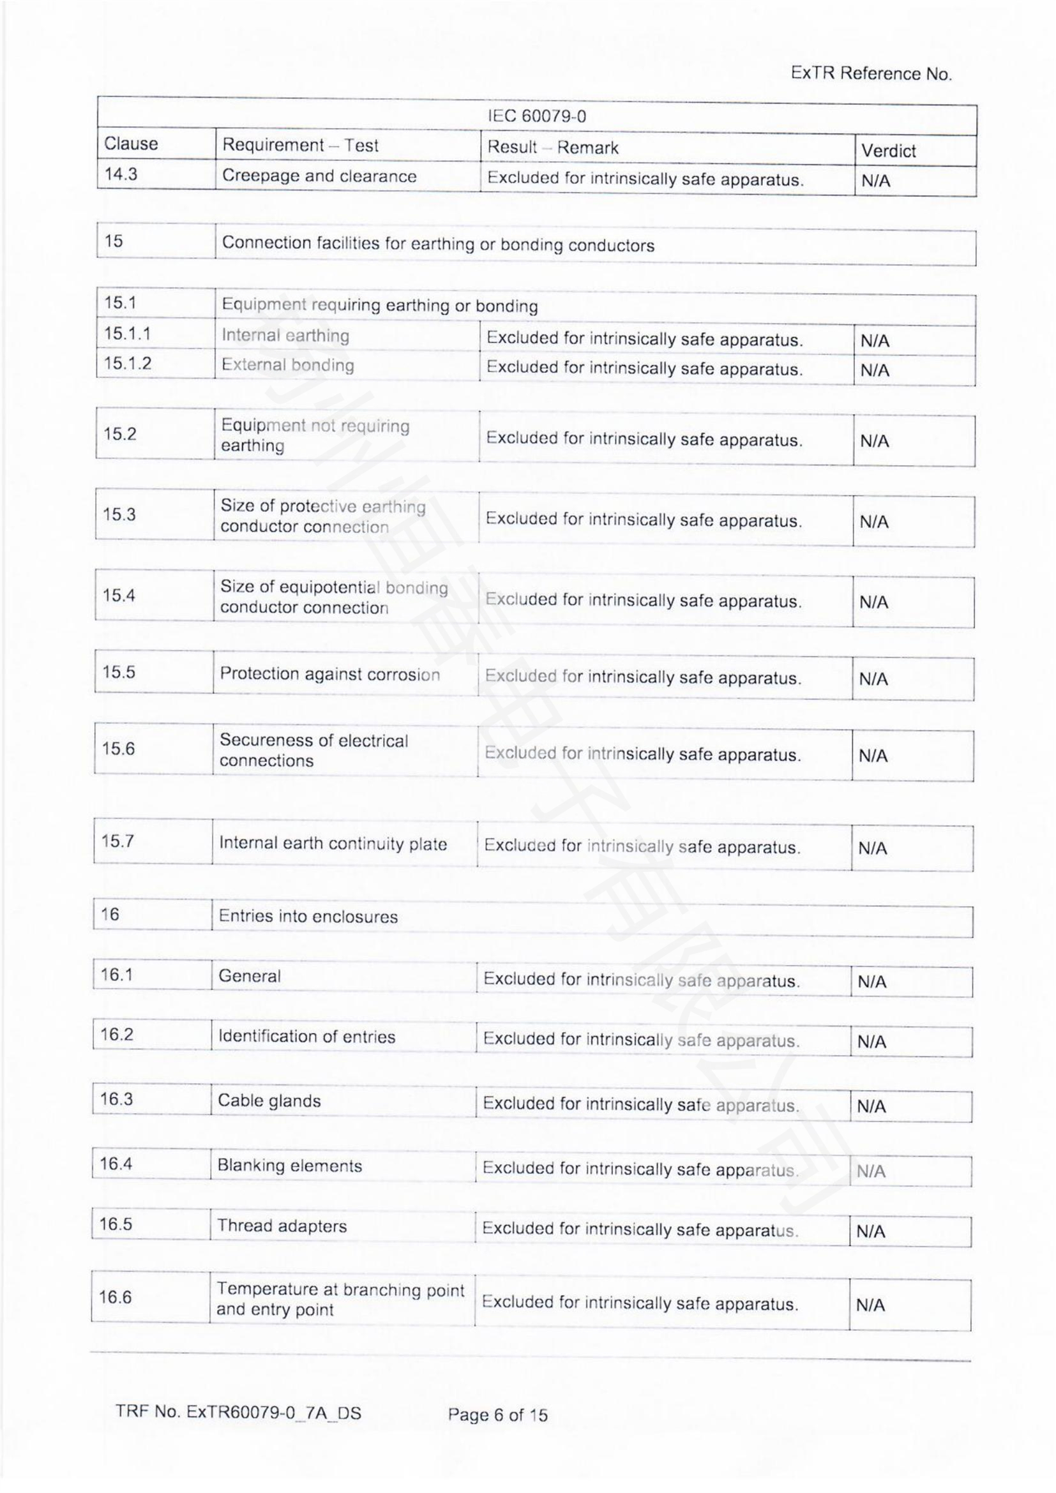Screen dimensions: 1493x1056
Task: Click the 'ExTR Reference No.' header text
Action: point(871,73)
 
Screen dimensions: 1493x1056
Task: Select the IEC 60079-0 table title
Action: point(536,116)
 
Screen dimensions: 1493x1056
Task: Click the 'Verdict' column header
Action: point(888,151)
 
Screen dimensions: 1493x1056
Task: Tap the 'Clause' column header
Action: point(131,144)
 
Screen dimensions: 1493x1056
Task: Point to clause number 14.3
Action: point(121,174)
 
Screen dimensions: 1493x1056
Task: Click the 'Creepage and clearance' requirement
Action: point(319,176)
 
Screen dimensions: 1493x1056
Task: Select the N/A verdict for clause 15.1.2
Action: point(875,371)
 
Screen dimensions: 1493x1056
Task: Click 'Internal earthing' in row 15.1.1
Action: point(285,336)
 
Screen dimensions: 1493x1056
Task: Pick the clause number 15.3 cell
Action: point(119,514)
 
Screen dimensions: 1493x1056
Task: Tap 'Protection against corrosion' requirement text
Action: point(329,673)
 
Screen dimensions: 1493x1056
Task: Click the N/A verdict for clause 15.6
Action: point(873,756)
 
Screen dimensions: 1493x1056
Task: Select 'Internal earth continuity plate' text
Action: point(333,843)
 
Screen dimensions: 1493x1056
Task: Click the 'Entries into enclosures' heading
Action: point(308,917)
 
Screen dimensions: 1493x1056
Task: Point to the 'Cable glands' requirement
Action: point(269,1101)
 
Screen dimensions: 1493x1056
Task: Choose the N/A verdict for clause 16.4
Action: point(871,1172)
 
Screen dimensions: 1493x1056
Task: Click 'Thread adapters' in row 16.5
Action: point(282,1226)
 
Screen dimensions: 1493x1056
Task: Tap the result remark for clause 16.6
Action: point(640,1303)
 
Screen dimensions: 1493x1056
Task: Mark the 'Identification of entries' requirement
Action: point(306,1037)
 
